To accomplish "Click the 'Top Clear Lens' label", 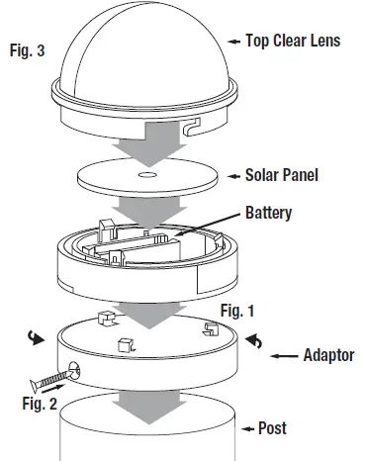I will click(295, 42).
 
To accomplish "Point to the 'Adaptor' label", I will click(327, 354).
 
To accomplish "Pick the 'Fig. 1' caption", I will click(236, 312).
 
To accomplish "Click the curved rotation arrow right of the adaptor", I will click(254, 340).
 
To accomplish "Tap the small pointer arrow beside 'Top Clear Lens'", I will click(235, 42).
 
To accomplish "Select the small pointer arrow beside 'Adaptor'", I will click(287, 354).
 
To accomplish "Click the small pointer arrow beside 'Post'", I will click(247, 428).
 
